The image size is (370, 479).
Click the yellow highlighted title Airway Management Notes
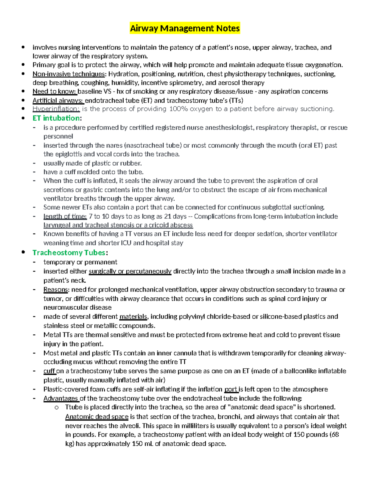click(185, 28)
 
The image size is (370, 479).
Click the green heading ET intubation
click(56, 118)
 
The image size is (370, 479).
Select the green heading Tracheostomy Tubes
click(69, 253)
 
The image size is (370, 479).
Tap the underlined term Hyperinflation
click(56, 109)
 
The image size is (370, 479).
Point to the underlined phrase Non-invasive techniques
click(69, 74)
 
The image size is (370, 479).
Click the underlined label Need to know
click(54, 92)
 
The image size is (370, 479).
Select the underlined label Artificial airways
click(58, 101)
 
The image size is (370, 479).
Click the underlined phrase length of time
click(65, 217)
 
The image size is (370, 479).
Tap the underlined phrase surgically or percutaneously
click(130, 271)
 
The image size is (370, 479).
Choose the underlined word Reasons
click(55, 290)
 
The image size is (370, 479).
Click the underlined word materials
click(133, 317)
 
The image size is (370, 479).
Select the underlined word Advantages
click(61, 398)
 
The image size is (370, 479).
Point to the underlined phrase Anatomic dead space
click(97, 417)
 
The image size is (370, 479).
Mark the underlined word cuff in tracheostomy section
click(49, 371)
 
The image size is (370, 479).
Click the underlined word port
click(231, 389)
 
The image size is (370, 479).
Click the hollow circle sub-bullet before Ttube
click(56, 408)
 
